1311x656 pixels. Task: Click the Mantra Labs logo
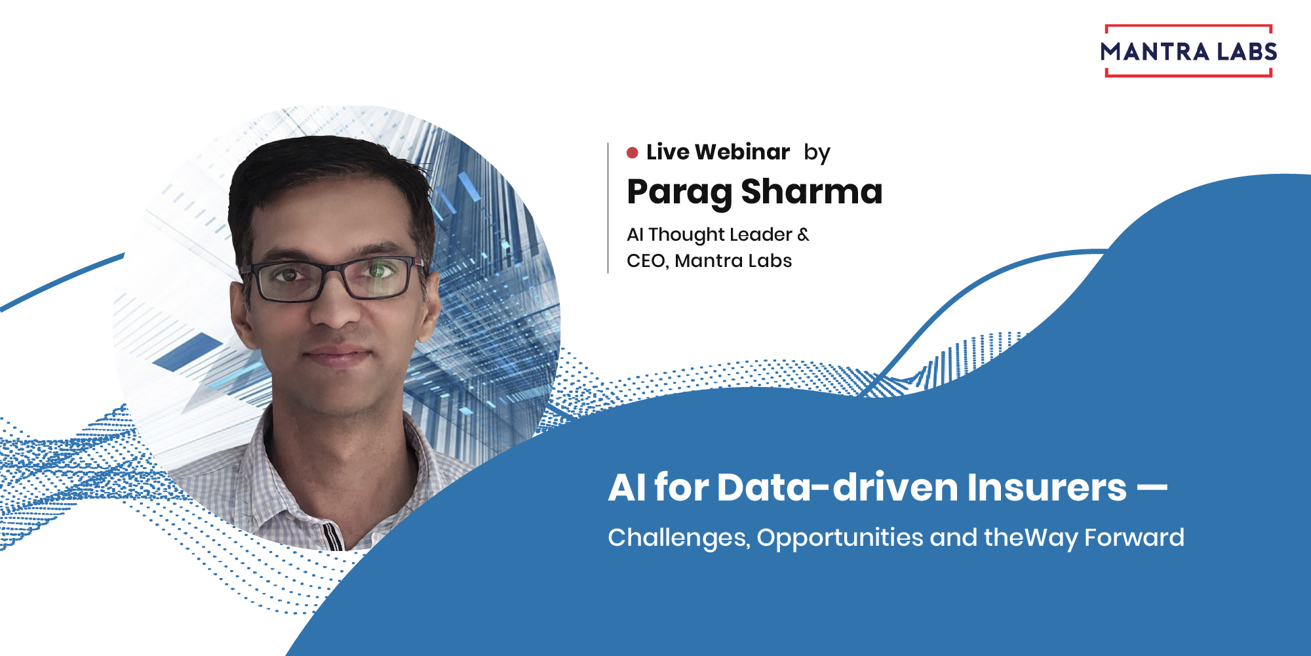tap(1188, 51)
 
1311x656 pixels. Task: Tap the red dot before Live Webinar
tap(633, 153)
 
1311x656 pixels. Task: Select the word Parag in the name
tap(679, 192)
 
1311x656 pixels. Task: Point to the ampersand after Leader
tap(803, 234)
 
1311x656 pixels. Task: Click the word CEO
tap(647, 261)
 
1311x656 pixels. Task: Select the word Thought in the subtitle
tap(686, 235)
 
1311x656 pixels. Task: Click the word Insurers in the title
tap(1046, 487)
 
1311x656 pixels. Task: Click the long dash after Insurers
tap(1152, 487)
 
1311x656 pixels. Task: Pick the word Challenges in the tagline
tap(678, 538)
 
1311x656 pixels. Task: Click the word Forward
tap(1134, 537)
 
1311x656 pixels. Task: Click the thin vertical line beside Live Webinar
tap(608, 207)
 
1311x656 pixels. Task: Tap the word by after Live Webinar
tap(817, 153)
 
